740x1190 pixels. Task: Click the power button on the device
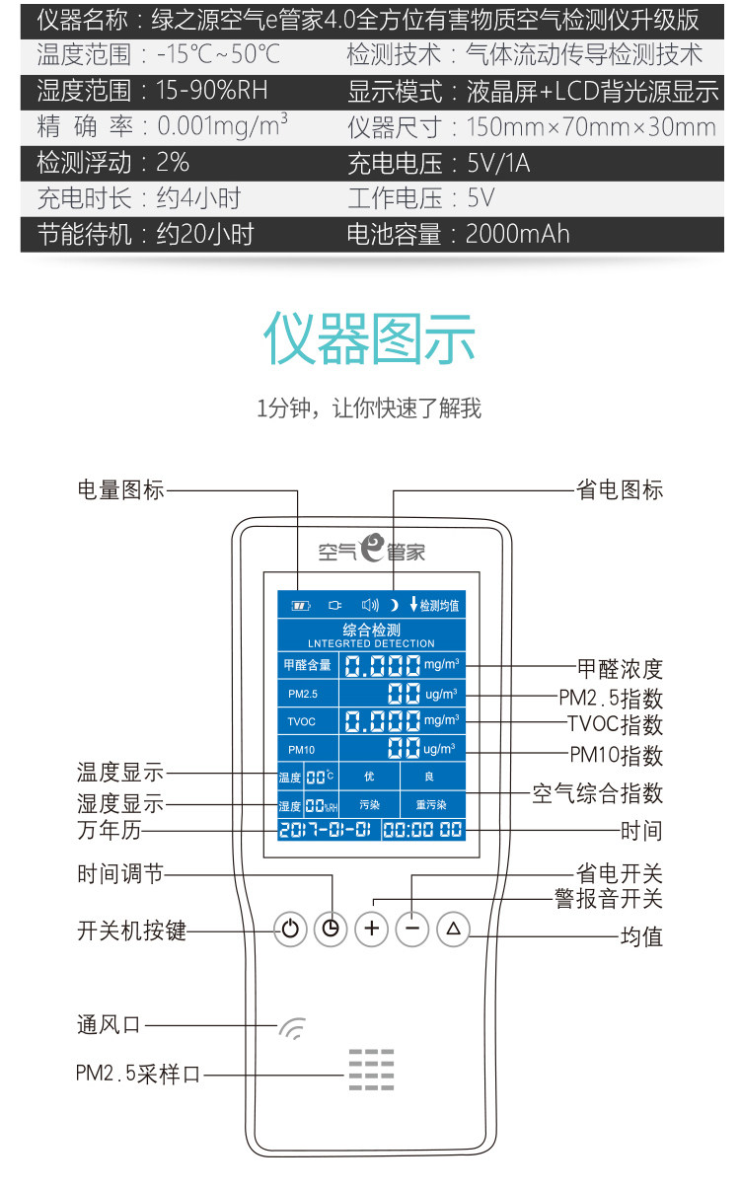[290, 929]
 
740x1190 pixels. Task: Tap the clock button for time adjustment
[332, 929]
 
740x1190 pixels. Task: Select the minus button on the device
[412, 929]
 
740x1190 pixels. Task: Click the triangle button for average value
[454, 929]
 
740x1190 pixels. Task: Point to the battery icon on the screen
[299, 606]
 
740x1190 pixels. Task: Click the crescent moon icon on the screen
[393, 605]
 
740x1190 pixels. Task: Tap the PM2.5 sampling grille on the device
[371, 1070]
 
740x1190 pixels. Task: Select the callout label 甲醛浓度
[620, 669]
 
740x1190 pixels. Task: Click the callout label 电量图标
[121, 490]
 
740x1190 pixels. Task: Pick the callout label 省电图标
[620, 490]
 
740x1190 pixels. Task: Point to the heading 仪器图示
[370, 338]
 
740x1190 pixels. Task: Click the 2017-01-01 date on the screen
[326, 830]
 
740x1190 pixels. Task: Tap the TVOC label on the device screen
[302, 721]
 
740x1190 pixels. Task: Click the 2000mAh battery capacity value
[517, 234]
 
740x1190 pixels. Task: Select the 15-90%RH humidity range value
[212, 92]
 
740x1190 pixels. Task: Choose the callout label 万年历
[110, 830]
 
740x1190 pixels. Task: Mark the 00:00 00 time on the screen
[422, 830]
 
